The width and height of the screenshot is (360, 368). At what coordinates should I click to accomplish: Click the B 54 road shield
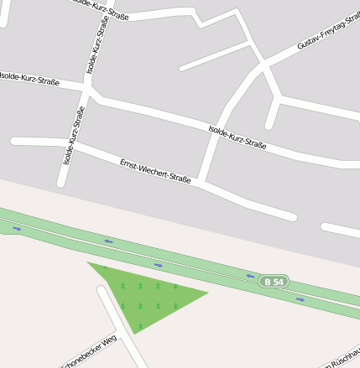(272, 281)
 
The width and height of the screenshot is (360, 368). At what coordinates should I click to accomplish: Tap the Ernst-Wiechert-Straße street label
(155, 168)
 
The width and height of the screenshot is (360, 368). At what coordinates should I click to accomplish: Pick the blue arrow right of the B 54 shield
(301, 297)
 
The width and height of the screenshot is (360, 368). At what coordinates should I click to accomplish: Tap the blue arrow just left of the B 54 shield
(249, 275)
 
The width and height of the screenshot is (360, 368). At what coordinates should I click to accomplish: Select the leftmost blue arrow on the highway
(17, 228)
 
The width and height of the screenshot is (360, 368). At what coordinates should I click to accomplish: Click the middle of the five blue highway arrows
(158, 265)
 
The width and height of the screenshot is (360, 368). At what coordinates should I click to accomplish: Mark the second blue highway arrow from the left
(108, 241)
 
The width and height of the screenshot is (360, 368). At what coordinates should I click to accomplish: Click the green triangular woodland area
(147, 293)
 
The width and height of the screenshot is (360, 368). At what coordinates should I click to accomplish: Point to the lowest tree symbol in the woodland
(140, 325)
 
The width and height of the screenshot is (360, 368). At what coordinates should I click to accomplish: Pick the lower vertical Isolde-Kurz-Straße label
(74, 136)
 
